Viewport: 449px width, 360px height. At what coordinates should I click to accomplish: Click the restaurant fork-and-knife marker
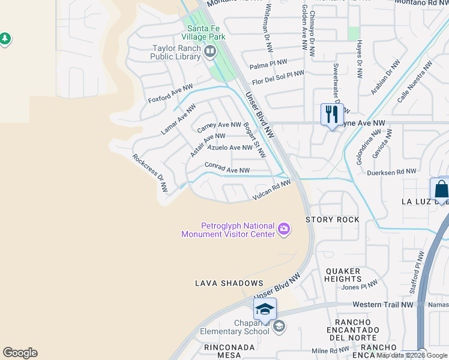[x=331, y=114]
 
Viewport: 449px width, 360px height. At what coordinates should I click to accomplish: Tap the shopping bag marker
[x=441, y=190]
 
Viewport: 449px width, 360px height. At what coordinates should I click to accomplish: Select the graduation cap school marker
[x=264, y=309]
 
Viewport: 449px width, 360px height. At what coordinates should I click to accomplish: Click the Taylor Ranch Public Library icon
[x=210, y=52]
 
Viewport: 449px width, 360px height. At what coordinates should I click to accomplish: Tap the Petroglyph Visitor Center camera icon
[x=284, y=229]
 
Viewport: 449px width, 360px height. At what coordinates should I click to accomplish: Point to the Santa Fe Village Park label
[x=206, y=32]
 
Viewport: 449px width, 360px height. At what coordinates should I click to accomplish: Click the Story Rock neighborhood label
[x=333, y=220]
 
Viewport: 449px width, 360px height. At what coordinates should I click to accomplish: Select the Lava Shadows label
[x=229, y=283]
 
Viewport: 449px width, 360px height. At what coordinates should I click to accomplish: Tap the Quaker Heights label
[x=343, y=275]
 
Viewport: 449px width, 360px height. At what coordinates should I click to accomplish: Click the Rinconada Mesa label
[x=222, y=351]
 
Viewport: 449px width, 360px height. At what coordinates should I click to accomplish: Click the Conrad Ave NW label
[x=227, y=168]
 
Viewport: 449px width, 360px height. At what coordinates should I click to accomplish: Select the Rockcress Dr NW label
[x=150, y=173]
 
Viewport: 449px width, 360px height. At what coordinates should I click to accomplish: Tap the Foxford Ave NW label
[x=170, y=94]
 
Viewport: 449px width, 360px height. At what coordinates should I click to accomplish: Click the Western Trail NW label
[x=383, y=305]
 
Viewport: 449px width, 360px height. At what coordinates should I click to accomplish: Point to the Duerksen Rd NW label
[x=391, y=172]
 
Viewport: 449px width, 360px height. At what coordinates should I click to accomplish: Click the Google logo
[x=20, y=353]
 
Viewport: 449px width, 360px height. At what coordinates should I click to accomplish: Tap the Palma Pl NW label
[x=268, y=64]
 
